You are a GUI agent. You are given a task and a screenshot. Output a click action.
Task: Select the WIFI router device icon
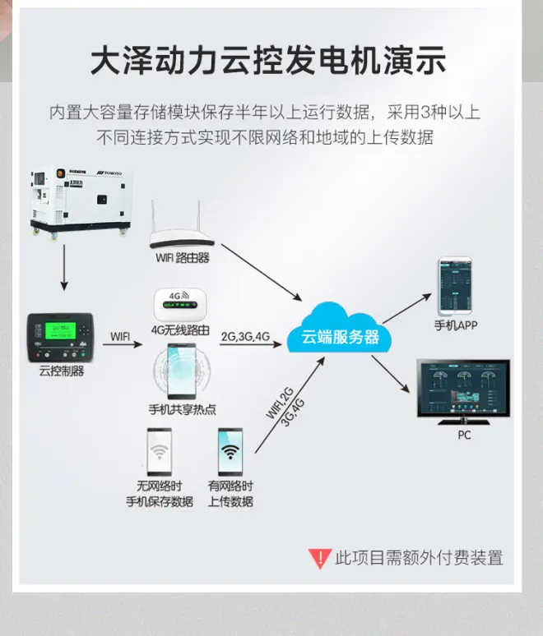coord(183,236)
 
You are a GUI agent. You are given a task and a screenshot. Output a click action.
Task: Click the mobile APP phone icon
coord(456,285)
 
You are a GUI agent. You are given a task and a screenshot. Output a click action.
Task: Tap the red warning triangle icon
coord(319,559)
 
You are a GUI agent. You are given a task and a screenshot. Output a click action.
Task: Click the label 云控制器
coord(61,371)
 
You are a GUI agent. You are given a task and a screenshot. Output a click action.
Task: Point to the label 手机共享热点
coord(182,409)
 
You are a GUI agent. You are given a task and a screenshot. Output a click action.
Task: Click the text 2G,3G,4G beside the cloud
coord(245,336)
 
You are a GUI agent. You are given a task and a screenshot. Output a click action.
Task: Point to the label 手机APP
coord(456,325)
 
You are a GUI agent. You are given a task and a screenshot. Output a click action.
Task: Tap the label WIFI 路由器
coord(183,257)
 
